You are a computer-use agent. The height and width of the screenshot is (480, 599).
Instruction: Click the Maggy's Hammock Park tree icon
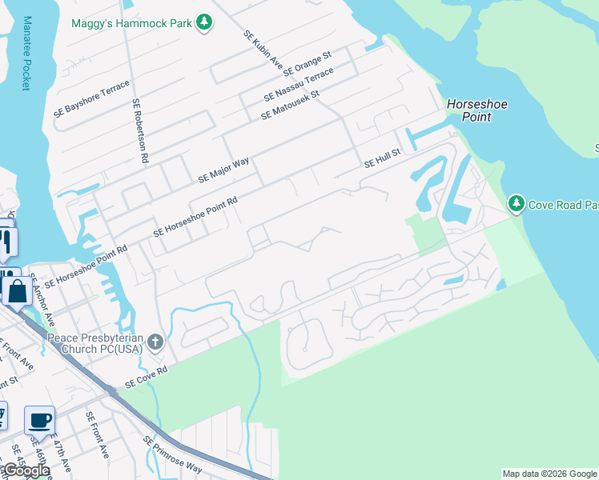[x=206, y=22]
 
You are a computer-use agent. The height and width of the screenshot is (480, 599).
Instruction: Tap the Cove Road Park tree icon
[x=517, y=204]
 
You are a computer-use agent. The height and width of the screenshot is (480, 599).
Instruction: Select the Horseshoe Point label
[x=477, y=110]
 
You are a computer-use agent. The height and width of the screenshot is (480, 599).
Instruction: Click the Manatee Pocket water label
[x=26, y=53]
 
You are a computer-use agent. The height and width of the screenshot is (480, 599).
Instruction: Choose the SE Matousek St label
[x=290, y=106]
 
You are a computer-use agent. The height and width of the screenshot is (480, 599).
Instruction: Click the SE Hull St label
[x=382, y=161]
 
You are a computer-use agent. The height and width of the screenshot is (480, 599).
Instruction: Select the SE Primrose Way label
[x=173, y=454]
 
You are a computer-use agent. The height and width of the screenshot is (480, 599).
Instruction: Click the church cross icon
[x=155, y=344]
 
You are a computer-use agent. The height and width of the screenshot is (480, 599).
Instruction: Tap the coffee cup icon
[x=39, y=419]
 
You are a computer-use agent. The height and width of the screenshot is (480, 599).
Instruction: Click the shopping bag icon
[x=17, y=290]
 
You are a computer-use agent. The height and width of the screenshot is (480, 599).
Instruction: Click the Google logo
[x=26, y=471]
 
